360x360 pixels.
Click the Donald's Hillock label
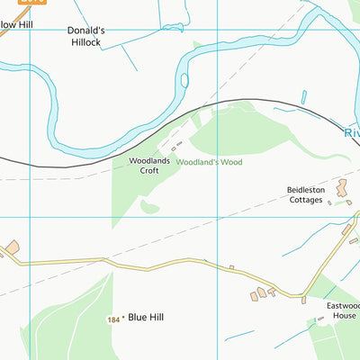86,36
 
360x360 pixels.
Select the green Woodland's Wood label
209,163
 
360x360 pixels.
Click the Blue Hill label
146,317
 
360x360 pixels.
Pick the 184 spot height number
112,319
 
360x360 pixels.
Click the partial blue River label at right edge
352,132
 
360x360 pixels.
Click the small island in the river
184,80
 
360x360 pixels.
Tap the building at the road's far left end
13,247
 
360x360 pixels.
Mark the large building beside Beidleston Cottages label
341,189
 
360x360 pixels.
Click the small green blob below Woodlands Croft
149,208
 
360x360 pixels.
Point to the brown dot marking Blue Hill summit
123,318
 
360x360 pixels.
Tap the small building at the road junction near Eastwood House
304,299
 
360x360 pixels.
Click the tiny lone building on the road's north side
231,267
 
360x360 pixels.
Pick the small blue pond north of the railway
303,97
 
